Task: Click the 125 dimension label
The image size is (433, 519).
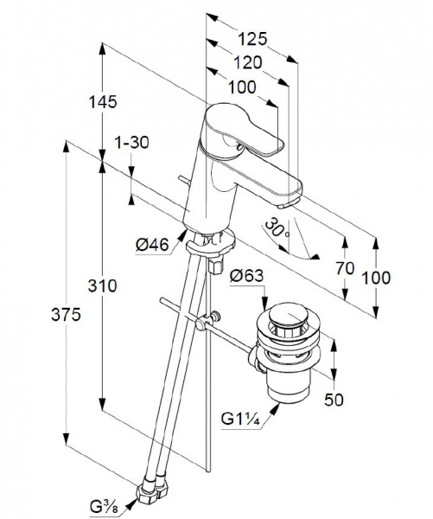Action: click(x=252, y=39)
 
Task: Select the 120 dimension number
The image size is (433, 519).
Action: click(x=248, y=62)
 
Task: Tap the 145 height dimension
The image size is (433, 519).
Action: click(x=103, y=101)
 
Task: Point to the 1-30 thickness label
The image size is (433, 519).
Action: click(x=131, y=143)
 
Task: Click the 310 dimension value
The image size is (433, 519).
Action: click(x=103, y=286)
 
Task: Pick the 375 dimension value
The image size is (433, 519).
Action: click(x=67, y=315)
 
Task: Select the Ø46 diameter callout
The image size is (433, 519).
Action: click(x=152, y=246)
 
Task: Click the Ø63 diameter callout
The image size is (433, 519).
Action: click(x=247, y=276)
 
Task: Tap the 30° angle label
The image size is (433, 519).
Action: click(x=277, y=228)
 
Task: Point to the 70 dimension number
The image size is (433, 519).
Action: click(x=346, y=268)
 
